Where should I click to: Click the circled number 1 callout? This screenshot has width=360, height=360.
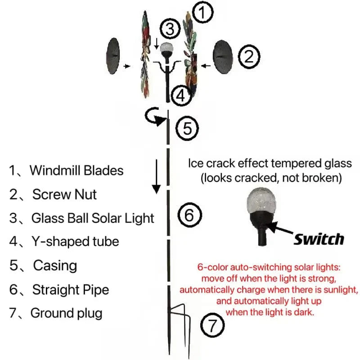[x=203, y=13]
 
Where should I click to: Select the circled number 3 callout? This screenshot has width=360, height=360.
[x=168, y=29]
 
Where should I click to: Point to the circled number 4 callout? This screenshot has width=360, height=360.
[x=180, y=95]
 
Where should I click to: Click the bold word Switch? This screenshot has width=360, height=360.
[x=319, y=239]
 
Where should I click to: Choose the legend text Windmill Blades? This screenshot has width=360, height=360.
[x=76, y=171]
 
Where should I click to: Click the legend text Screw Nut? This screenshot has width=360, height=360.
[x=64, y=194]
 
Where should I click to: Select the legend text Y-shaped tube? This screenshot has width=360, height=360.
[x=75, y=242]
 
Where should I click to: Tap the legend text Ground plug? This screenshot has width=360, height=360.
[x=66, y=313]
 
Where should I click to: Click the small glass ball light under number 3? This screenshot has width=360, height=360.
[x=167, y=48]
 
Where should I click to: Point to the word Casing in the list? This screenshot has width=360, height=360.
[x=55, y=265]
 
